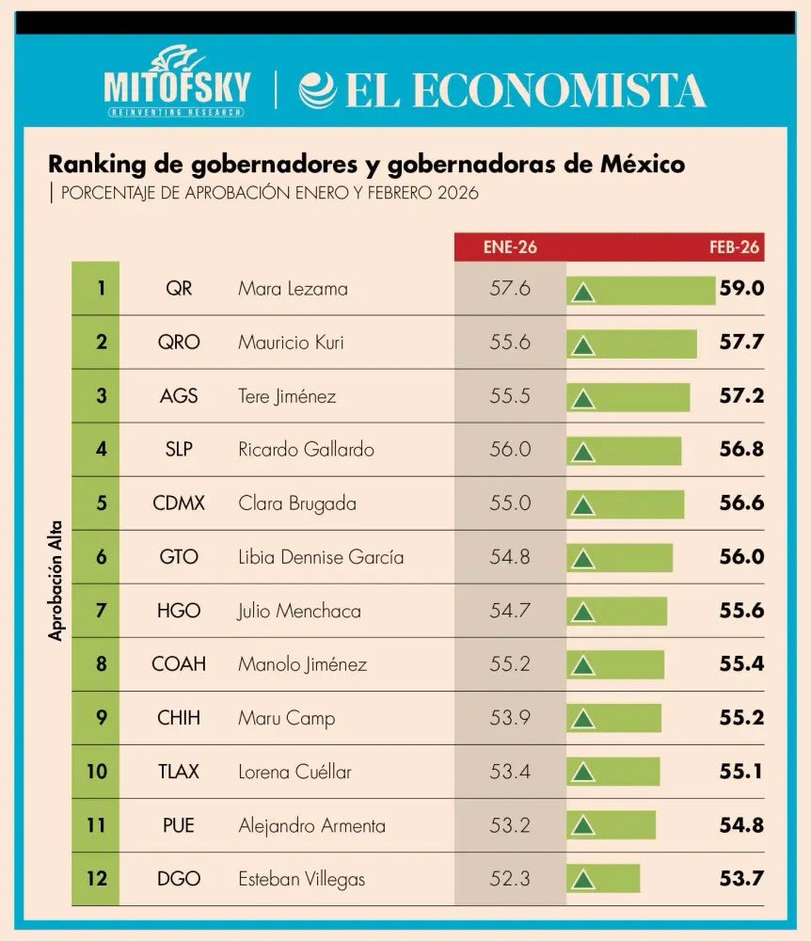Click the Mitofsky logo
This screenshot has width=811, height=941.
177,82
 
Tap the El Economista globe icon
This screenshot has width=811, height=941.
317,90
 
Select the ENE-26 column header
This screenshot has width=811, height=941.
510,247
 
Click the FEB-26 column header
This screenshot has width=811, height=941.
734,247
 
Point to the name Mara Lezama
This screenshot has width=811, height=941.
292,289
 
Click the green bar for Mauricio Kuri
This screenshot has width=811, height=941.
631,343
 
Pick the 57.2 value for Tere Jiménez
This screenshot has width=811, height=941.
739,396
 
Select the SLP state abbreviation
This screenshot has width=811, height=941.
179,450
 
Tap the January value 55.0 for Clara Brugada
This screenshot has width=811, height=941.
509,503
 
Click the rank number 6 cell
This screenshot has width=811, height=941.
101,557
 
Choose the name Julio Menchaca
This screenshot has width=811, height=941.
298,611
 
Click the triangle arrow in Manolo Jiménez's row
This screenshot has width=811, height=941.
583,666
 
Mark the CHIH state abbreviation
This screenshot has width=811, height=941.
179,718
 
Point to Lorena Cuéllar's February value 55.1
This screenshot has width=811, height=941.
739,772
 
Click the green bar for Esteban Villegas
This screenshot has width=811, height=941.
603,879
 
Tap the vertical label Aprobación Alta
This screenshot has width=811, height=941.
56,583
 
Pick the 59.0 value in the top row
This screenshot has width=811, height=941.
739,289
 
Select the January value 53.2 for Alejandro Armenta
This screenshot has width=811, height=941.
509,825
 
